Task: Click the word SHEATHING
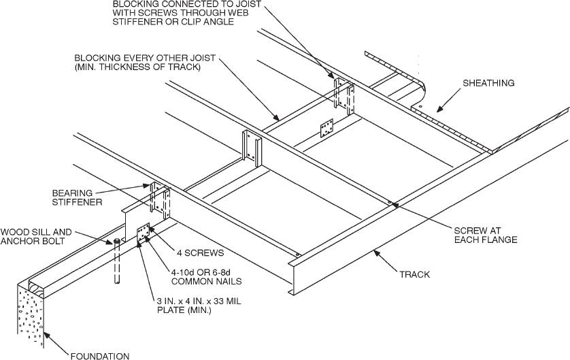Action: point(488,83)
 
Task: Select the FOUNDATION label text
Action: point(99,355)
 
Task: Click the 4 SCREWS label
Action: point(203,252)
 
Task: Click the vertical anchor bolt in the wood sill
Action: point(116,262)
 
